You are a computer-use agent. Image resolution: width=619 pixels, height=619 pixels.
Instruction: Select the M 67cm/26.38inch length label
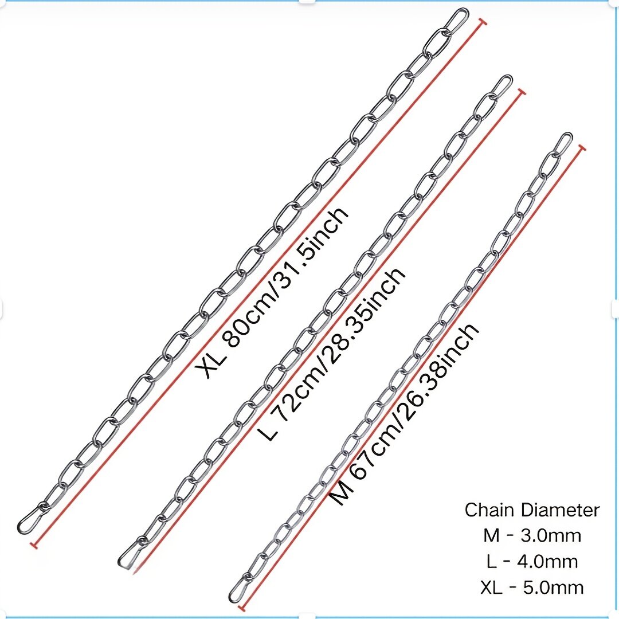point(404,414)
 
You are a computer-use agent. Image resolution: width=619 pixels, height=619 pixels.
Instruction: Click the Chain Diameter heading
point(532,510)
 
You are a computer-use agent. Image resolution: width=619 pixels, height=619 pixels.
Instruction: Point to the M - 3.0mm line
point(532,536)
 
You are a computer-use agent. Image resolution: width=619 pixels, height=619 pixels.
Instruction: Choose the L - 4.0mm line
point(532,561)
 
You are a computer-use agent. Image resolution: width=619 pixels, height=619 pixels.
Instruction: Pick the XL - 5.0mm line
point(532,587)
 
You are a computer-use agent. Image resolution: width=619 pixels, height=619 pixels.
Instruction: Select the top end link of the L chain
point(502,85)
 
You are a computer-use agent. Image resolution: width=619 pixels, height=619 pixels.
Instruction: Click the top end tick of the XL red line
point(481,22)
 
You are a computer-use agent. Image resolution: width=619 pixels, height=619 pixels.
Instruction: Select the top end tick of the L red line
point(521,92)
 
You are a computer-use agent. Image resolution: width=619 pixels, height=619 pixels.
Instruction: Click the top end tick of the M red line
point(581,148)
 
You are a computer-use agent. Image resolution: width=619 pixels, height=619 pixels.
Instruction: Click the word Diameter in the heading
point(560,510)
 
